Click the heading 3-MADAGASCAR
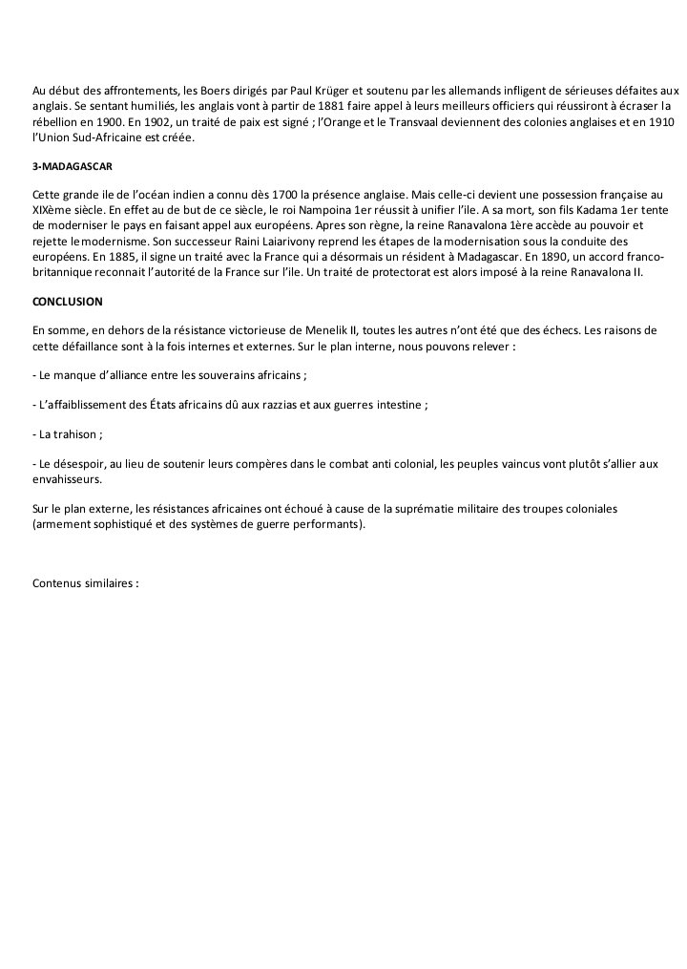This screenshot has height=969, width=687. [73, 166]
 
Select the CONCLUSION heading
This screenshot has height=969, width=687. [68, 301]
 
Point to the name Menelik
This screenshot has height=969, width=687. [321, 330]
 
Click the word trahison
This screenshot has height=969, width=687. [78, 433]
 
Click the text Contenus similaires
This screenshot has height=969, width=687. [86, 582]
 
